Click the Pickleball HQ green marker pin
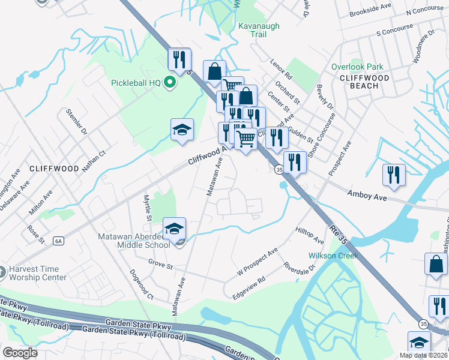coord(170,83)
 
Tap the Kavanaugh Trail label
coord(252,30)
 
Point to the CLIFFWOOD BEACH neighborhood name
coord(364,82)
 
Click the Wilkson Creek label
coord(333,256)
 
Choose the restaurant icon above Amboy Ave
coord(394,175)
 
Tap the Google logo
coord(20,352)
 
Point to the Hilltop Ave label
coord(310,235)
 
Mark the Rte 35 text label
coord(340,238)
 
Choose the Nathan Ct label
coord(94,161)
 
